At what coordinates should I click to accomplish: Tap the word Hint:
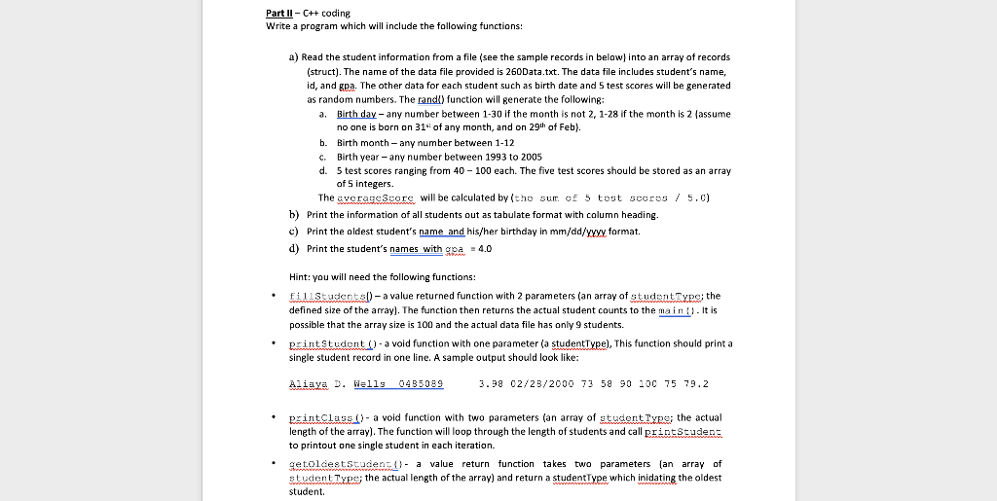[303, 276]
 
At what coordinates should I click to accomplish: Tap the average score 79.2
[695, 384]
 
